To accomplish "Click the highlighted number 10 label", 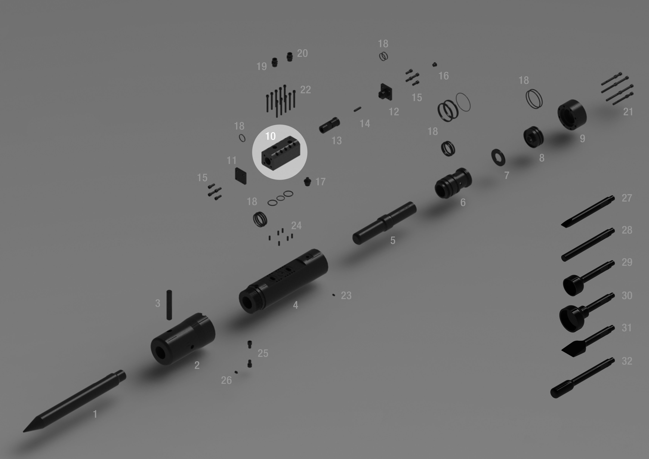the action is [270, 136].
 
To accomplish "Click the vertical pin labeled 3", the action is [169, 305].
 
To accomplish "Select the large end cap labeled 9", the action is [571, 115].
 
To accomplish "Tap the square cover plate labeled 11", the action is [241, 176].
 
